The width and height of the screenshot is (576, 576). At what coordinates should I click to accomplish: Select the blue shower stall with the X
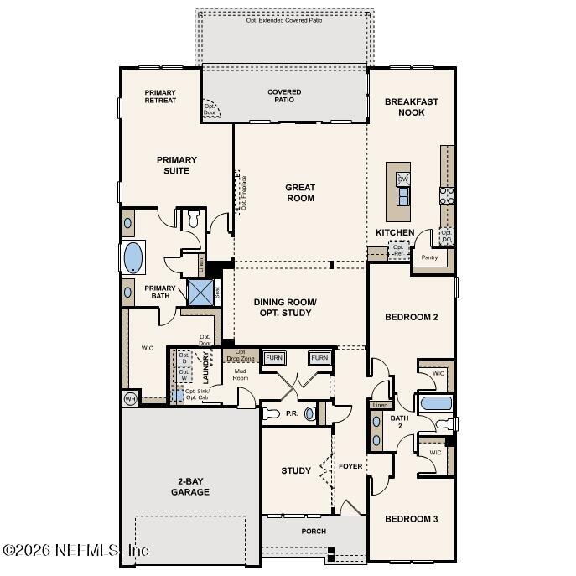coord(200,293)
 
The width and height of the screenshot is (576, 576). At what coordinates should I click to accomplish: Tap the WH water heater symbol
coord(130,398)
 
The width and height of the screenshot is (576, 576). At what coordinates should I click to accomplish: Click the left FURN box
coord(274,358)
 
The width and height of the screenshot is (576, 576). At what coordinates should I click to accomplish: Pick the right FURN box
coord(319,358)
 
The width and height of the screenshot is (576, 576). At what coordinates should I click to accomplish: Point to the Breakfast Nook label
coord(411,106)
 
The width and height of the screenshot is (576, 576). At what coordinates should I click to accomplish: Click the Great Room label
coord(299,193)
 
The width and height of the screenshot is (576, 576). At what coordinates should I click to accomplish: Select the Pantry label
coord(429,257)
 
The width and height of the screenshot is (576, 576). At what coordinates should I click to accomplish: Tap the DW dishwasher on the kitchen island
coord(403,179)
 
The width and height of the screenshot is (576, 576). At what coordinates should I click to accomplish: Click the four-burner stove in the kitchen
coord(447,195)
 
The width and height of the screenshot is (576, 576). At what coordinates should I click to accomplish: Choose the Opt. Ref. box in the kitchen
coord(399,250)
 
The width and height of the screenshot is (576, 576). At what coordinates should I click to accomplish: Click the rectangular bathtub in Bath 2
coord(436,403)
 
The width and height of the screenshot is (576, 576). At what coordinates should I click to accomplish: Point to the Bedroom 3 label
coord(411,519)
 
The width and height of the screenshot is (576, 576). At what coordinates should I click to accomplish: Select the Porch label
coord(314,531)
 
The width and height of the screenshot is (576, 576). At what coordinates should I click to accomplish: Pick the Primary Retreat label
coord(160,96)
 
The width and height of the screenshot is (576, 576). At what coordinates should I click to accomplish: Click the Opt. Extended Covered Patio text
coord(285,19)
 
